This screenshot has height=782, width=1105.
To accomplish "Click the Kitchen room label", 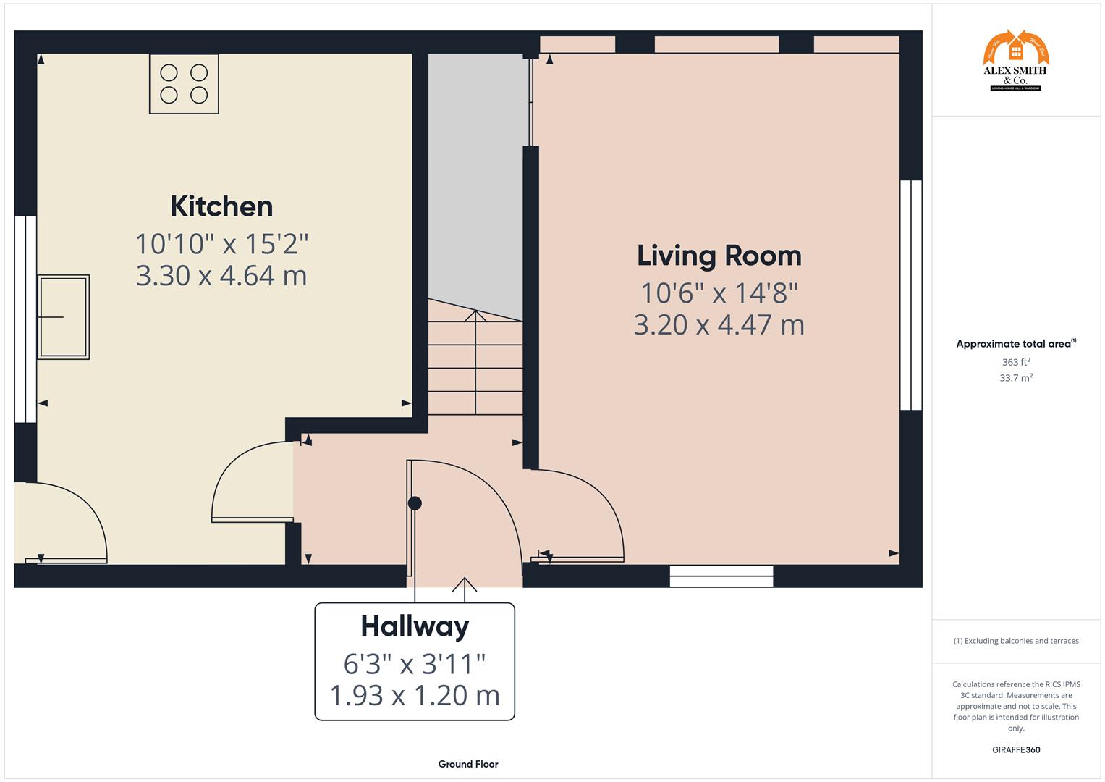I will (221, 206).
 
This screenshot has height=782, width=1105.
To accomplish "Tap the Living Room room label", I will (719, 256).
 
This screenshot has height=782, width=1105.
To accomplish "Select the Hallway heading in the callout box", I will (415, 626).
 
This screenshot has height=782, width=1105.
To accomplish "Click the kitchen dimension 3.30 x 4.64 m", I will (221, 276).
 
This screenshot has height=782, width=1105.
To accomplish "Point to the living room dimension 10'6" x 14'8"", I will (719, 293).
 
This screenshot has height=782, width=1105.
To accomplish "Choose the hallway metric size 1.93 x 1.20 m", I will (415, 695).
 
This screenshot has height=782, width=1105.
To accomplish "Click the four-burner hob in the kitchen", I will (184, 84).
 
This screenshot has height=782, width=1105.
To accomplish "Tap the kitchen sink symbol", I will (64, 317).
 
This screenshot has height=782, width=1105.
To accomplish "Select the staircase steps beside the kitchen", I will (475, 362).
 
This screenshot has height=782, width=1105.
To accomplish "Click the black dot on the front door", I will (415, 503).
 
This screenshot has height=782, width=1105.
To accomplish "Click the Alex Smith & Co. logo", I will (1015, 61).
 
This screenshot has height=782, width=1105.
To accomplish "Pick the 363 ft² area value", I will (1015, 362).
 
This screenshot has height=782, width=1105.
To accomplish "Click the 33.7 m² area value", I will (1015, 378).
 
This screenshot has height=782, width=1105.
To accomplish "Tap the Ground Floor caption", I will (468, 764).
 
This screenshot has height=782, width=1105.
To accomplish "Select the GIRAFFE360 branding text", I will (1015, 749).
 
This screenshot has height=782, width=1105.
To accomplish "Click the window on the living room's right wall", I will (910, 295).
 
